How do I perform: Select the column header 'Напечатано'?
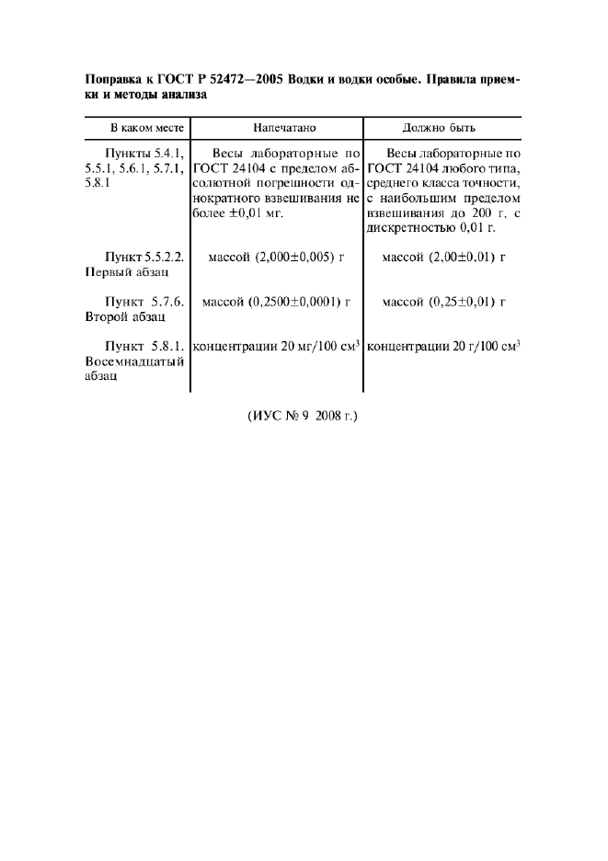tap(277, 128)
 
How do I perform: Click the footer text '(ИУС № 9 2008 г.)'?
tap(303, 416)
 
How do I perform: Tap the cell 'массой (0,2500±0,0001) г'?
tap(277, 302)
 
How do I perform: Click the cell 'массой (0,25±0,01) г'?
tap(443, 302)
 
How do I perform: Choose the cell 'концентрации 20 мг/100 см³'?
tap(277, 347)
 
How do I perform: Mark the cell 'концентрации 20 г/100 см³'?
tap(443, 347)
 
